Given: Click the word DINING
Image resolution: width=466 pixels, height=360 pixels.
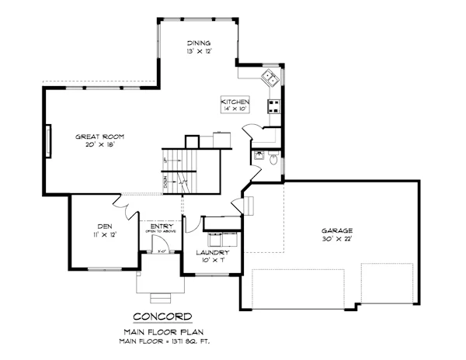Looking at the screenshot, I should pos(200,42).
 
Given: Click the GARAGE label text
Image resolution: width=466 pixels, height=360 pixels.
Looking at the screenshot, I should pos(338,230).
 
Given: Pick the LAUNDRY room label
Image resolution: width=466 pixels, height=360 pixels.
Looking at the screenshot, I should pos(212,253).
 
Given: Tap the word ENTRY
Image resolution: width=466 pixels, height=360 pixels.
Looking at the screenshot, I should pos(162,226).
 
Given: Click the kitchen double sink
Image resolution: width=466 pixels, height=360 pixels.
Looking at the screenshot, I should pos(270,76).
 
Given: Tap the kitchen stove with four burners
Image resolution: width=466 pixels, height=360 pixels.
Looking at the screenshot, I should pos(273,107).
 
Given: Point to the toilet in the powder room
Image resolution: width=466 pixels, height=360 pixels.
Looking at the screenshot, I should pos(273,157).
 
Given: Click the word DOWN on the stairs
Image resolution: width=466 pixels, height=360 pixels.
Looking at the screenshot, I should pos(165,182).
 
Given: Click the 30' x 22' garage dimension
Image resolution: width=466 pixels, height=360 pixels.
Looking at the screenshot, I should pos(338,239).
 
